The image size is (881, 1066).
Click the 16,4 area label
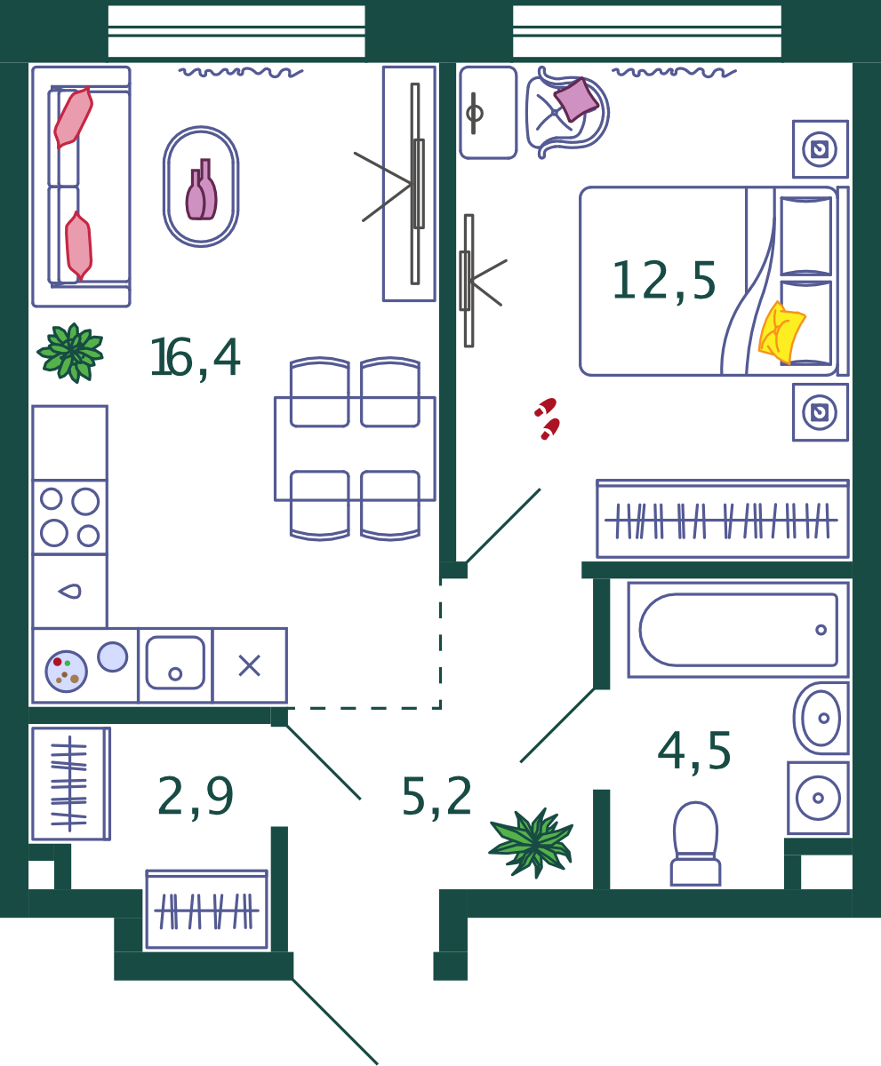[196, 358]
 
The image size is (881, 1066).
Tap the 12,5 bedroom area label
[663, 282]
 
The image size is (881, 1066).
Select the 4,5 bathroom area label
[694, 752]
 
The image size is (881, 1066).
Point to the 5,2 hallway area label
[436, 797]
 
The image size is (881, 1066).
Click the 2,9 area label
[196, 797]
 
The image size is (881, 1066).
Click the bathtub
[738, 630]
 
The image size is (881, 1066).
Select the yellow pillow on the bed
[781, 332]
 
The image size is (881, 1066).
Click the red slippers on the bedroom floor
[548, 418]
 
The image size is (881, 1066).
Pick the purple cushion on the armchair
[576, 99]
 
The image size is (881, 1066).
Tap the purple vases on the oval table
[201, 190]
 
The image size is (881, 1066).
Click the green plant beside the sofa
[71, 353]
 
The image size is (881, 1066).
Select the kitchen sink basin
[175, 664]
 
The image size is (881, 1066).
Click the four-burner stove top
[70, 517]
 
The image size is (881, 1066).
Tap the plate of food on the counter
[67, 672]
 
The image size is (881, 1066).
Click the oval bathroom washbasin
[821, 719]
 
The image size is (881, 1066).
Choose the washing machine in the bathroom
[818, 798]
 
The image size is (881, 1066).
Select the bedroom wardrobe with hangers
[723, 519]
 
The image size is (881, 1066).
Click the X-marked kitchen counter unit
[250, 665]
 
